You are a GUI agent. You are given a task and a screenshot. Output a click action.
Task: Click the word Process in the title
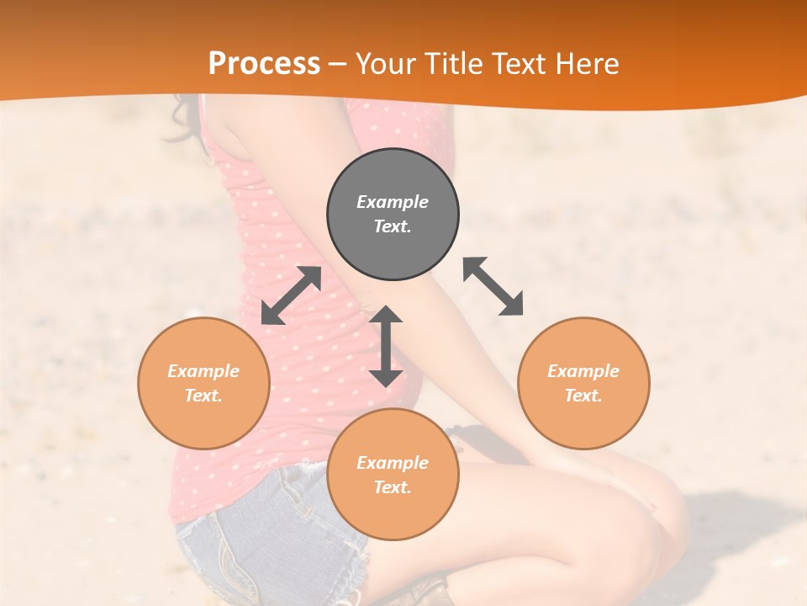264,64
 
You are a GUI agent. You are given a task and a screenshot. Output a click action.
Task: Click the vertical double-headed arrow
386,346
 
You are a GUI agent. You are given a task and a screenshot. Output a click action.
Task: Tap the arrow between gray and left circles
291,295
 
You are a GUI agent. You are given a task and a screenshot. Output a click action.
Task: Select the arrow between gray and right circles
493,286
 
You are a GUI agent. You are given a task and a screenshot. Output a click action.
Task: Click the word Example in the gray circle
393,202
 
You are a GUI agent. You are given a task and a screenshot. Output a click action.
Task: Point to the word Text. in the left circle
203,396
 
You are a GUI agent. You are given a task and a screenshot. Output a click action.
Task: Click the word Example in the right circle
583,371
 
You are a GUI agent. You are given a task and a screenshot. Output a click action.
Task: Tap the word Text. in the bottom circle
393,487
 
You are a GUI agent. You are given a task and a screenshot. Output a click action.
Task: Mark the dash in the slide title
338,65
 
